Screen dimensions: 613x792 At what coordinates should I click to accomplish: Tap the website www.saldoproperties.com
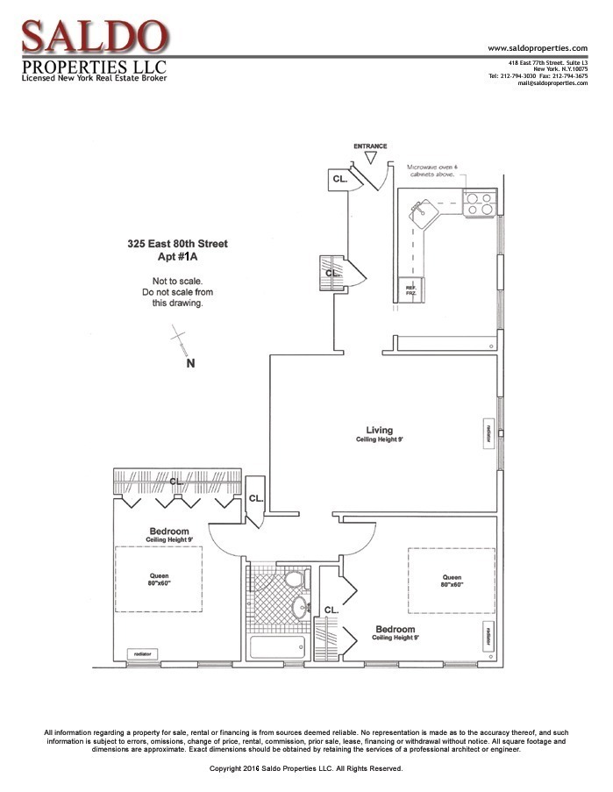point(537,47)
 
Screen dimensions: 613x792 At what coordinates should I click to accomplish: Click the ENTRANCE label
point(370,146)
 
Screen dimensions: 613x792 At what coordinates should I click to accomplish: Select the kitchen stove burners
point(478,203)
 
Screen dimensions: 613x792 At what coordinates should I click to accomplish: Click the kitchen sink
point(423,211)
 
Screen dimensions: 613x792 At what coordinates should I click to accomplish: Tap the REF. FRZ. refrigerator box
point(410,290)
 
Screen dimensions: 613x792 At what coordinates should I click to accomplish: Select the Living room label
point(380,431)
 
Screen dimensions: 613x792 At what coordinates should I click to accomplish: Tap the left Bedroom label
point(168,532)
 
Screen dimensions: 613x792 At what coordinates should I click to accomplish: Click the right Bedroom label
point(395,630)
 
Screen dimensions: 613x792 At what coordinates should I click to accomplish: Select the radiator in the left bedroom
point(141,654)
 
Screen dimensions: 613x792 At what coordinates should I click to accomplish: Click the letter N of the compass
point(190,363)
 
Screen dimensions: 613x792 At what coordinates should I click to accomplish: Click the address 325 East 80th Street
point(177,244)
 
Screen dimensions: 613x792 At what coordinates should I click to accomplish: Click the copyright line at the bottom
point(306,768)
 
